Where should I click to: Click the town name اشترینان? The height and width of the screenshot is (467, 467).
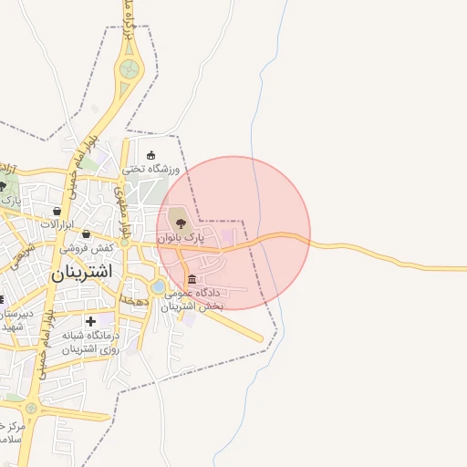pyautogui.click(x=81, y=272)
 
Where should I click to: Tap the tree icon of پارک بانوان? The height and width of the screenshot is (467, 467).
pyautogui.click(x=177, y=220)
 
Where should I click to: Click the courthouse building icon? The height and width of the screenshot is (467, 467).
pyautogui.click(x=192, y=279)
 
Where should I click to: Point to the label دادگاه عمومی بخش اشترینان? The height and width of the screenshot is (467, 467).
pyautogui.click(x=193, y=300)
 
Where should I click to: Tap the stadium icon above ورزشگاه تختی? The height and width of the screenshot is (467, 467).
pyautogui.click(x=151, y=155)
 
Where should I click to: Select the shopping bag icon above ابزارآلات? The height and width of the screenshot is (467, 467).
pyautogui.click(x=57, y=211)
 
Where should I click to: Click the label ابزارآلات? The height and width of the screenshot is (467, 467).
pyautogui.click(x=57, y=224)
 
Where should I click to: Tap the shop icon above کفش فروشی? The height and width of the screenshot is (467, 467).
pyautogui.click(x=86, y=233)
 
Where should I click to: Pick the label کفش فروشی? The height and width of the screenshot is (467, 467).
pyautogui.click(x=87, y=247)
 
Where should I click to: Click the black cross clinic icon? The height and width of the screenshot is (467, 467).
pyautogui.click(x=90, y=321)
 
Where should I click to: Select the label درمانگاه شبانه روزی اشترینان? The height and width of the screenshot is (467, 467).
pyautogui.click(x=91, y=342)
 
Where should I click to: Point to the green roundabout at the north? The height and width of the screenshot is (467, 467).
pyautogui.click(x=130, y=67)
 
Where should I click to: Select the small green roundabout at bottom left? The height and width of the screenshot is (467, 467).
pyautogui.click(x=31, y=408)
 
